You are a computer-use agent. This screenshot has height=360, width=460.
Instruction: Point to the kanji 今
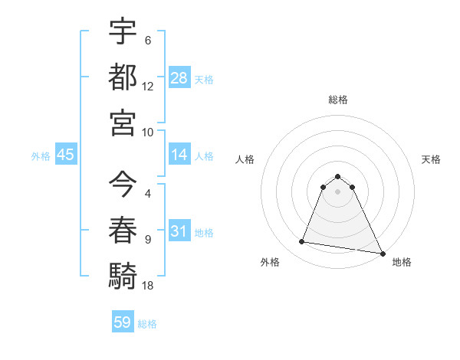coord(123,183)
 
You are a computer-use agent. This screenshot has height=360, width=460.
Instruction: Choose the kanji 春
coord(123,229)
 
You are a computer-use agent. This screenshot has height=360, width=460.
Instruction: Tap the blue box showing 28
coord(179,78)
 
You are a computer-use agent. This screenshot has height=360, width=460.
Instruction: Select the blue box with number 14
coord(179,155)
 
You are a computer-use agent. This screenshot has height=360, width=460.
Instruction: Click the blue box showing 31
coord(179,232)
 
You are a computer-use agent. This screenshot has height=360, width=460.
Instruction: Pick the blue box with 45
coord(66,155)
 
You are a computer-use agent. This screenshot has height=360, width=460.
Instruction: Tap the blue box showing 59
coord(122,322)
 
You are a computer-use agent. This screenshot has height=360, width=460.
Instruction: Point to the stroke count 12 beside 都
coord(148,87)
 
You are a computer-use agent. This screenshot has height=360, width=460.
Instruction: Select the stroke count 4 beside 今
coord(148,194)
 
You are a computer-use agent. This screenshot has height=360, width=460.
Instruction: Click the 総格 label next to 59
coord(147,323)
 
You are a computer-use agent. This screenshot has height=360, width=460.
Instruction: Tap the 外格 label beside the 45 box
coord(41,156)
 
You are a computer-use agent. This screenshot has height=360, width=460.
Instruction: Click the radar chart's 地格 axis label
coord(402,262)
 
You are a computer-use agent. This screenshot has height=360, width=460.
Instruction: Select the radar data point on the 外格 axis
coord(302,242)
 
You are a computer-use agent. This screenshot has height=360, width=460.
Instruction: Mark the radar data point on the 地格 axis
coord(382,254)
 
